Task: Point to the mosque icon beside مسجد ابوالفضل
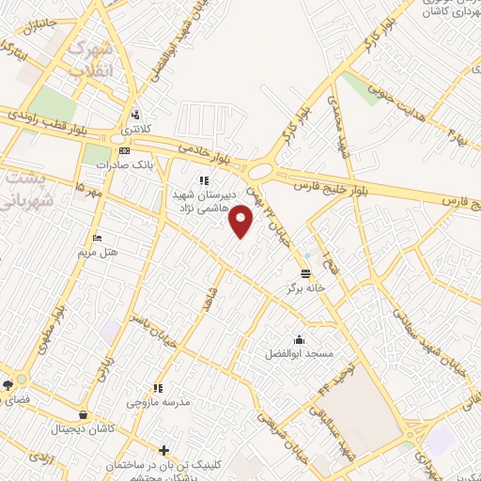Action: [299, 339]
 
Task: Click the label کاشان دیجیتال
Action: [85, 427]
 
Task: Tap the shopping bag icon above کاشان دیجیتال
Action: [85, 413]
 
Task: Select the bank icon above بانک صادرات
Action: [123, 150]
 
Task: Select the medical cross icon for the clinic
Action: [164, 450]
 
